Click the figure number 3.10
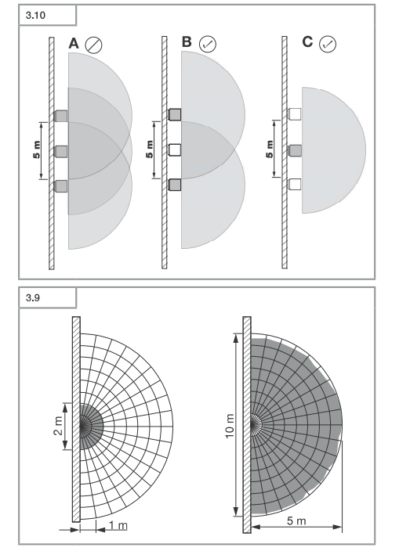pyautogui.click(x=35, y=16)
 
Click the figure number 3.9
pyautogui.click(x=33, y=298)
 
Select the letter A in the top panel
pyautogui.click(x=74, y=44)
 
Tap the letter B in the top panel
pyautogui.click(x=187, y=41)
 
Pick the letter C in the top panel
pyautogui.click(x=307, y=41)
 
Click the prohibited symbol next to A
pyautogui.click(x=93, y=45)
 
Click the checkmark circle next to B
pyautogui.click(x=208, y=44)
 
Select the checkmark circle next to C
pyautogui.click(x=328, y=44)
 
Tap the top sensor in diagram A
pyautogui.click(x=60, y=116)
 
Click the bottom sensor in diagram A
pyautogui.click(x=60, y=186)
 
